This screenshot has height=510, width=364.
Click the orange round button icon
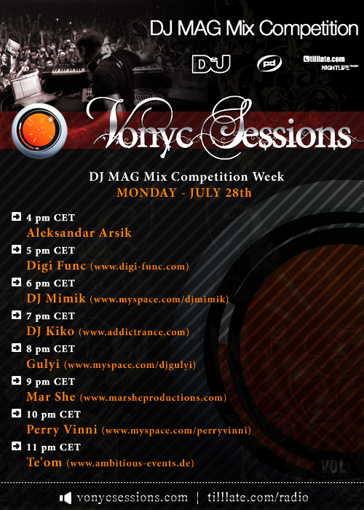coord(39,131)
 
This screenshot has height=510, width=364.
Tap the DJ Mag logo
coord(211,64)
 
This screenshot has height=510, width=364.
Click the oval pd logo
coord(269,63)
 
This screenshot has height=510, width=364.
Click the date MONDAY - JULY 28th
coord(184,192)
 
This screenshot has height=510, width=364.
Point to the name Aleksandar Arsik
coord(79,233)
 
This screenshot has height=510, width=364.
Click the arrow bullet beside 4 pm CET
coord(16,216)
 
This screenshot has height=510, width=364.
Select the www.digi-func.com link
coord(140,267)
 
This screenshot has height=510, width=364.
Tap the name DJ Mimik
coord(56,299)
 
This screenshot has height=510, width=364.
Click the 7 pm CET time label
coord(50,315)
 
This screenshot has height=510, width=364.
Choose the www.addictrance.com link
coord(134,332)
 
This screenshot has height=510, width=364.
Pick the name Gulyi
coord(43,364)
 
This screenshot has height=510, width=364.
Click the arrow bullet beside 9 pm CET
coord(16,380)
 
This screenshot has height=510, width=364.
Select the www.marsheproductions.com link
coord(153,398)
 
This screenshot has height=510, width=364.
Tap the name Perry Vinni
coord(62,430)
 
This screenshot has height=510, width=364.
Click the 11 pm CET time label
coord(53,447)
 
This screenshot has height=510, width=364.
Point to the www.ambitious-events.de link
coord(130,463)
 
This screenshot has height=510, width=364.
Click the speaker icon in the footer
coord(66,498)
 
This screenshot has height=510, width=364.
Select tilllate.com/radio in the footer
coord(258,498)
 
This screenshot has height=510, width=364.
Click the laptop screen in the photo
coord(27,86)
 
